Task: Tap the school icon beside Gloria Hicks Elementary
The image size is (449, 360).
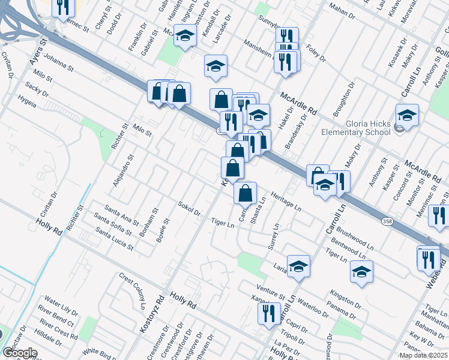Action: click(x=407, y=115)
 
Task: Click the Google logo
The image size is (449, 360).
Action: click(x=20, y=353)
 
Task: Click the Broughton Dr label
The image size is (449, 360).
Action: click(x=341, y=103)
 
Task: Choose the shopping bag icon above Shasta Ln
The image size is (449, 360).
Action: click(x=245, y=193)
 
